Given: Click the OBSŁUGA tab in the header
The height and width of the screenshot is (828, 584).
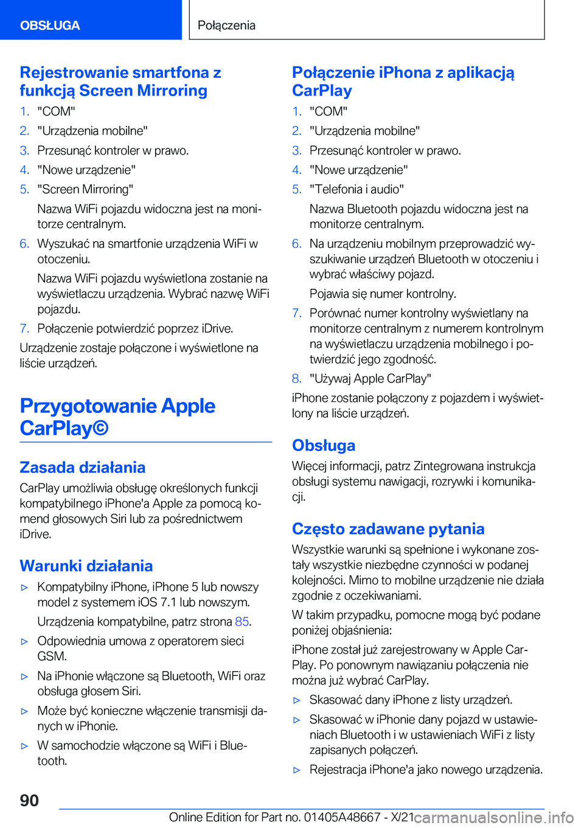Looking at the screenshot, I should [50, 26].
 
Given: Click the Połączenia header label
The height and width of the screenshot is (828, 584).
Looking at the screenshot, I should [226, 26].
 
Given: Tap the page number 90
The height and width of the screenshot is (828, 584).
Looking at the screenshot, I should [29, 800].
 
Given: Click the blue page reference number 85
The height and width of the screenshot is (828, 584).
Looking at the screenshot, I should [242, 621].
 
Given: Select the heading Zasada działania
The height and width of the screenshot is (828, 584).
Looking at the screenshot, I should [82, 467].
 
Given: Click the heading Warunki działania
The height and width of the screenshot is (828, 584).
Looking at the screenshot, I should [86, 566].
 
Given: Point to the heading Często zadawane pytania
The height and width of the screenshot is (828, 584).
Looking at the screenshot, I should [388, 529].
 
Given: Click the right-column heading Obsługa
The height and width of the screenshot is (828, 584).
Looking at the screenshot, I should [324, 446].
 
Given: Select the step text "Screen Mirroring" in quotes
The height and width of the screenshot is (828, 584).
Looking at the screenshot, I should [85, 189].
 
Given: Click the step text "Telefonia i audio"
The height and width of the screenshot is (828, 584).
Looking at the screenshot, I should [356, 189].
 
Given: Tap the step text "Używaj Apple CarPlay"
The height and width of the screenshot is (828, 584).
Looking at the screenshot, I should [370, 379].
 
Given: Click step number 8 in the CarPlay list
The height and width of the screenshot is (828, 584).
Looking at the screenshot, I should [296, 379].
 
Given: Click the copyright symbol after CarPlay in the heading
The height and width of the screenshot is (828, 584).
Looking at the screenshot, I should [100, 429].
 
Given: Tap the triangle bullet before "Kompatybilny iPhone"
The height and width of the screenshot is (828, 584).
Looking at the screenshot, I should [25, 587].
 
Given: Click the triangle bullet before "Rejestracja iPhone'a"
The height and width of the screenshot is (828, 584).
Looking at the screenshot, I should [297, 770].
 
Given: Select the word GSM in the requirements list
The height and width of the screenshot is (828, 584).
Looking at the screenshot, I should [52, 656].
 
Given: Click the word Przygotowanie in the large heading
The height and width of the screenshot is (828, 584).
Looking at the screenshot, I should [80, 406].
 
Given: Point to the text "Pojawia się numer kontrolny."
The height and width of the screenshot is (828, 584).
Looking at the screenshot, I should [383, 294].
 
